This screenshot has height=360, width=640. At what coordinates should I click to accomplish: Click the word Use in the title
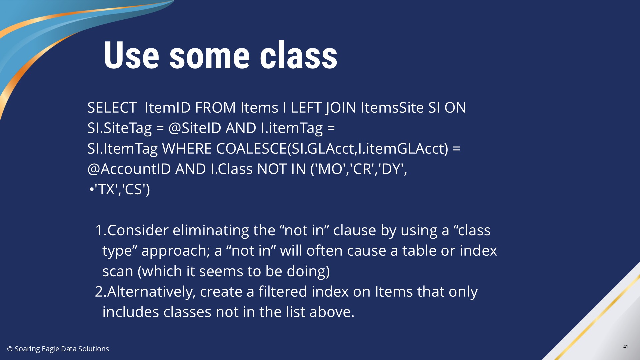[x=131, y=55]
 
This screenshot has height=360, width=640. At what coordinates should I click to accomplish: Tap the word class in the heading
[x=299, y=55]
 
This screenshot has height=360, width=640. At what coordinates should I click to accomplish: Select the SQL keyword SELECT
[x=112, y=108]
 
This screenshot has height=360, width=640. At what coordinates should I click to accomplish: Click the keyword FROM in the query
[x=215, y=108]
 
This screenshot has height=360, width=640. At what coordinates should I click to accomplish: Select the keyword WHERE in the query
[x=187, y=149]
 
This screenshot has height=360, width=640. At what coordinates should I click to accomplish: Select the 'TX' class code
[x=106, y=189]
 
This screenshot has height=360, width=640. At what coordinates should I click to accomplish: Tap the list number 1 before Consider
[x=99, y=230]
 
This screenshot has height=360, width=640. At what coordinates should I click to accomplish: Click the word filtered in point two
[x=283, y=292]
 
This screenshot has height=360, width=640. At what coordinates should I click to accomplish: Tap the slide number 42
[x=626, y=347]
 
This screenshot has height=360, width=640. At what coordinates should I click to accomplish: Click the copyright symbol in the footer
[x=10, y=349]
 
